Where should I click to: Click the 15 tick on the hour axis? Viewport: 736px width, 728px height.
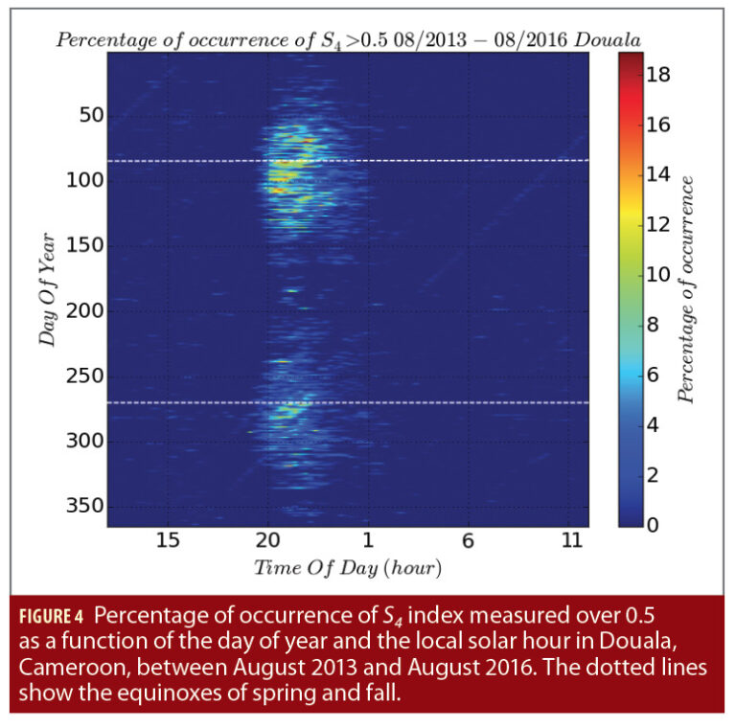[x=168, y=541]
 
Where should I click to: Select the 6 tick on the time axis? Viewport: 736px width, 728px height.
[x=467, y=541]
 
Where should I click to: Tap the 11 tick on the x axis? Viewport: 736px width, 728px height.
[x=571, y=541]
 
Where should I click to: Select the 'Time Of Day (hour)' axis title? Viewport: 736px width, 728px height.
[x=347, y=568]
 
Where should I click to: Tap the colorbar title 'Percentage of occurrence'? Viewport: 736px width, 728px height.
[x=686, y=287]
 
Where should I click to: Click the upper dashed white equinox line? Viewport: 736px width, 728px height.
[x=431, y=161]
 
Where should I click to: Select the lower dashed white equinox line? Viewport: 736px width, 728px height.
[x=431, y=403]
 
